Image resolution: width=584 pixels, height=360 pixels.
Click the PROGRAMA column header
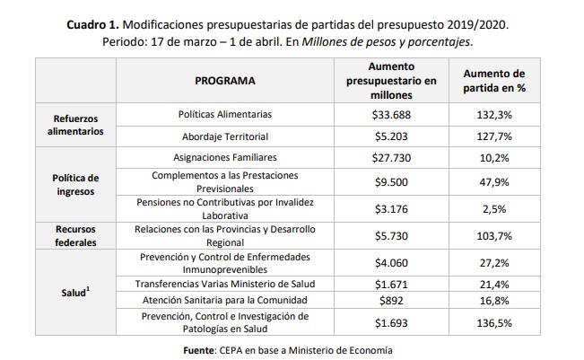point(225,81)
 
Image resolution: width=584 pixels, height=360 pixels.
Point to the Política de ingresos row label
point(77,184)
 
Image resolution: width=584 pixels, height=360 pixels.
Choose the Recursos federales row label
point(77,235)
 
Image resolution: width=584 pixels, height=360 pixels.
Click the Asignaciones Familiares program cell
point(225,156)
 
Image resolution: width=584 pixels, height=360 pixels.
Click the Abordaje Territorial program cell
point(225,137)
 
